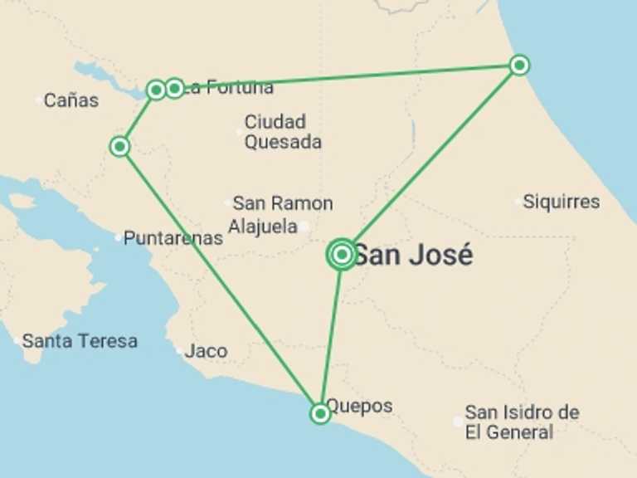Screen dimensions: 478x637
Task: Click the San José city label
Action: point(413,255)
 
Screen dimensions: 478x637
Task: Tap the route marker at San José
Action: point(342,255)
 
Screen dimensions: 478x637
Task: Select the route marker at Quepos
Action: point(320,413)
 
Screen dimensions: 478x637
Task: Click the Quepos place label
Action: point(359,407)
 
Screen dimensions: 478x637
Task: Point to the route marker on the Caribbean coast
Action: point(519,65)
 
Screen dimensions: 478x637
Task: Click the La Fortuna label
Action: point(229,87)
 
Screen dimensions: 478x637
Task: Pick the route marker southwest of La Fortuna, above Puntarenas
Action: point(120,147)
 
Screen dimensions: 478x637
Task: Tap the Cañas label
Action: point(71,100)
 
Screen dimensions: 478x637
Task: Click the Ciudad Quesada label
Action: point(283,132)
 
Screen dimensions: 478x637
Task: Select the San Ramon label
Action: point(283,203)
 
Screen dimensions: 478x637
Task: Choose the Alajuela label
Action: point(262,226)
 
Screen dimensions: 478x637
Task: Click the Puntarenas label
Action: point(173,238)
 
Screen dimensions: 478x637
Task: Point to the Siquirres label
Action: point(562,202)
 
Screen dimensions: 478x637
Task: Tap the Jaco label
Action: point(207,351)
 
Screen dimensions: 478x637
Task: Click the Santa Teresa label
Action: point(80,340)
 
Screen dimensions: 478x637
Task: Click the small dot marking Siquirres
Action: point(519,202)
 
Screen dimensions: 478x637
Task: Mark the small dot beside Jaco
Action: point(179,352)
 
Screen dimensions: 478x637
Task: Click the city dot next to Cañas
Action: point(39,101)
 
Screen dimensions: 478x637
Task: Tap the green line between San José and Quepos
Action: point(332,332)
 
